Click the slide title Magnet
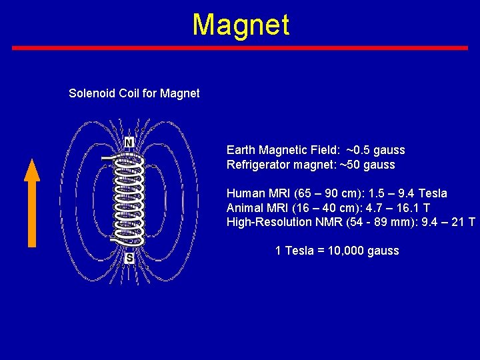pos(241,25)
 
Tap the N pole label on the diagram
pos(129,143)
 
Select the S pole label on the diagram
pos(129,257)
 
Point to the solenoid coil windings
pos(129,200)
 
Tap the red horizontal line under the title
pos(240,48)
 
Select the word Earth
pos(241,150)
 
